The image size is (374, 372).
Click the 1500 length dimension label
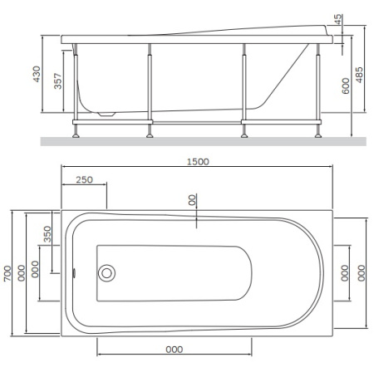click(198, 162)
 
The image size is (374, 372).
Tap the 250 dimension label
click(84, 180)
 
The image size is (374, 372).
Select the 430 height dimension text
click(37, 74)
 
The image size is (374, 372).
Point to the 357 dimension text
click(57, 81)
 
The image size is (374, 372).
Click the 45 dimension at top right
click(338, 19)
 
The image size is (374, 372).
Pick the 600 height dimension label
click(346, 86)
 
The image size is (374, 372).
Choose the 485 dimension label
click(359, 75)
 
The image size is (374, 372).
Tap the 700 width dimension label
click(7, 273)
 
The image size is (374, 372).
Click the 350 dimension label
click(47, 234)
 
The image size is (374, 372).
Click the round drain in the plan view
click(106, 273)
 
